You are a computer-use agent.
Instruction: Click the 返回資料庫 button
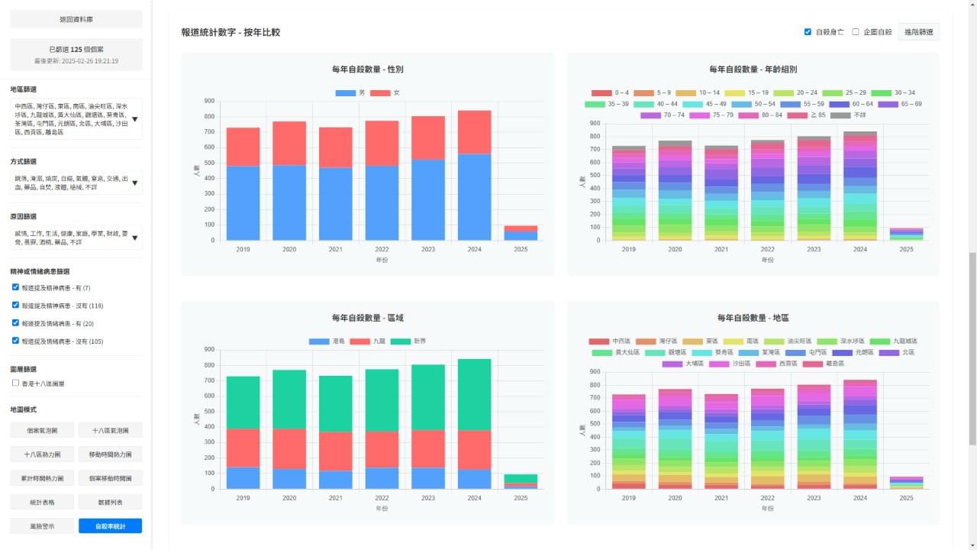point(76,18)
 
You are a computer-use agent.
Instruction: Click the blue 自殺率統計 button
point(110,526)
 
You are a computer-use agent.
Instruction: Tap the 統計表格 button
point(42,502)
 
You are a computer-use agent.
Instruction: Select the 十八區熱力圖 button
point(42,454)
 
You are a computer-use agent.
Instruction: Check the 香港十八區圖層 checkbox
point(16,383)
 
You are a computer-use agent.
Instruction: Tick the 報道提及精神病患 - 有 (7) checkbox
point(16,287)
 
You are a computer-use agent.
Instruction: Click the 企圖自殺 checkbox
point(856,32)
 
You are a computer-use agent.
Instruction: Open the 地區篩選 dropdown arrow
point(135,119)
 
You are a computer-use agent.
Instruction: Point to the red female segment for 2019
point(243,147)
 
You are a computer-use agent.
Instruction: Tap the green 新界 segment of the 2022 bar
point(382,400)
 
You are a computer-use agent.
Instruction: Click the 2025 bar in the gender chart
point(521,233)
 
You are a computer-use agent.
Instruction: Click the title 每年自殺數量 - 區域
point(368,318)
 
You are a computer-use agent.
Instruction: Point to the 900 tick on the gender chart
point(209,101)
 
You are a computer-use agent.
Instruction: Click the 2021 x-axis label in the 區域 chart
point(336,498)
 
